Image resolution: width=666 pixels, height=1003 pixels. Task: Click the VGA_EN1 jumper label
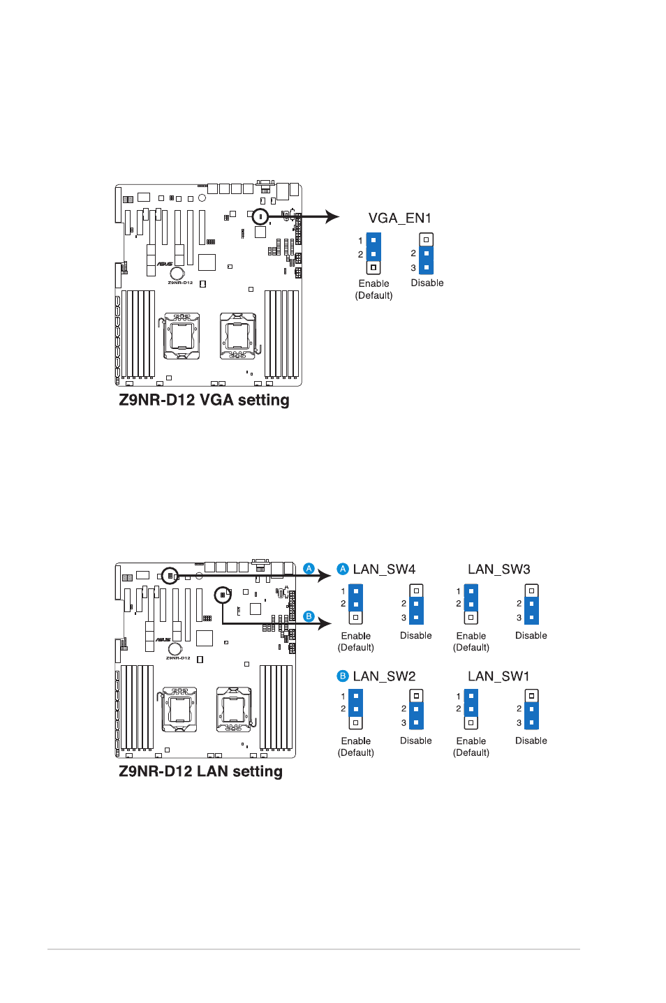click(399, 218)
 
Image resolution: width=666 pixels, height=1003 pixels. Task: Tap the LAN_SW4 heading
click(384, 569)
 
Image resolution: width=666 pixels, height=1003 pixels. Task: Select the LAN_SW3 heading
click(499, 569)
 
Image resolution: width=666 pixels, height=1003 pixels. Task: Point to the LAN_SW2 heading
click(384, 676)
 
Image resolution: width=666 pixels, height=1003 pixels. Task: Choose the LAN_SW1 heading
click(498, 676)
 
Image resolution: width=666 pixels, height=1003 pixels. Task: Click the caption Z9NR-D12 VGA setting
click(204, 400)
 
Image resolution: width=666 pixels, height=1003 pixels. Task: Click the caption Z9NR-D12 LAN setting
click(200, 771)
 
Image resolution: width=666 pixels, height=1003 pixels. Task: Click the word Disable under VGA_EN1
click(427, 283)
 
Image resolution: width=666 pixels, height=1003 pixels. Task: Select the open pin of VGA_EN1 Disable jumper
click(426, 239)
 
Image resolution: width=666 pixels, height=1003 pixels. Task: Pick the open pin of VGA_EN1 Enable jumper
click(373, 268)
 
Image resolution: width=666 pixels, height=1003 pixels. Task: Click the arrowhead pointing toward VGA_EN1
click(332, 216)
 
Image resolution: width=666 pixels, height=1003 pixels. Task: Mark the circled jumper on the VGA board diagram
click(260, 216)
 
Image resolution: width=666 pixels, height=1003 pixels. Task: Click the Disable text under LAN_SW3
click(531, 635)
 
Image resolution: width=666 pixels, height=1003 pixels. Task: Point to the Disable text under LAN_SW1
click(531, 741)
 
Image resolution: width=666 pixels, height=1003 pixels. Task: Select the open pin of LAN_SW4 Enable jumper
click(355, 618)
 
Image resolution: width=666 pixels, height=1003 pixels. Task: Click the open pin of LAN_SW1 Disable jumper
click(532, 696)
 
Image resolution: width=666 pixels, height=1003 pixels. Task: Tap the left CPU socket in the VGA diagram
click(182, 336)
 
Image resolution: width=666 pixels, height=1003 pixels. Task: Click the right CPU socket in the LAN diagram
click(235, 709)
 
